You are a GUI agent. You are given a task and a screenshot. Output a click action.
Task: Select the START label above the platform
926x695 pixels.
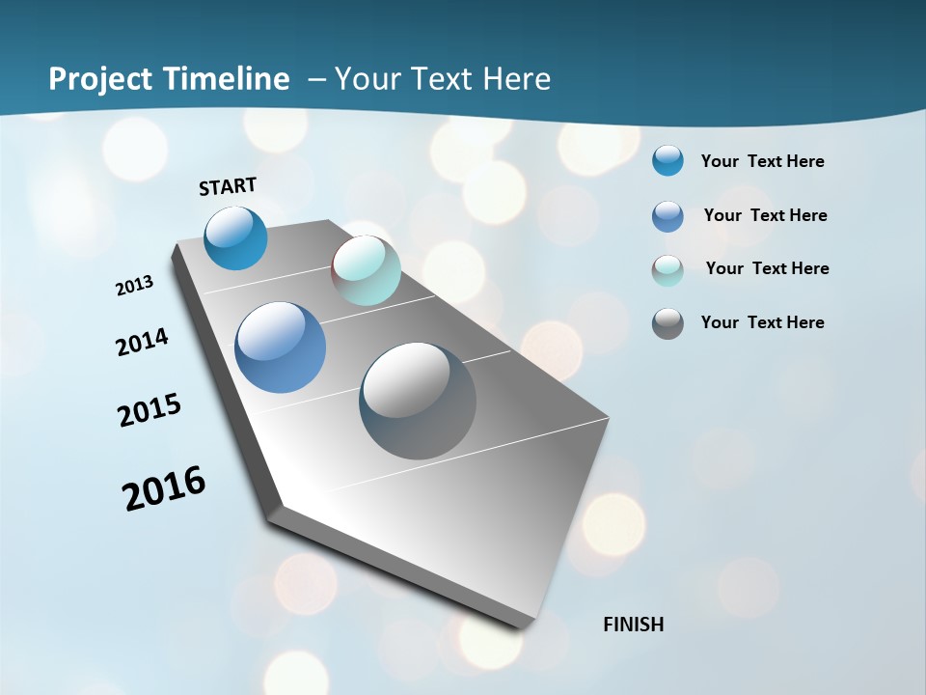pyautogui.click(x=228, y=186)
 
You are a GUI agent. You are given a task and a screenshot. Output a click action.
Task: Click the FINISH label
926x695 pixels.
pyautogui.click(x=633, y=625)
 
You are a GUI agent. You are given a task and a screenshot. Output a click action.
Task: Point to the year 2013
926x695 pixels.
pyautogui.click(x=135, y=286)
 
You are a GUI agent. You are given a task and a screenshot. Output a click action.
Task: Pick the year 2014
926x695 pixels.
pyautogui.click(x=143, y=343)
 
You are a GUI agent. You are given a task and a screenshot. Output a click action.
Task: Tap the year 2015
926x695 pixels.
pyautogui.click(x=150, y=410)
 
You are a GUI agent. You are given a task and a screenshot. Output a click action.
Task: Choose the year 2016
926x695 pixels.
pyautogui.click(x=164, y=488)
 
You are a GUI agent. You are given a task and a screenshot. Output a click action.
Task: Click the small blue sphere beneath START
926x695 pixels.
pyautogui.click(x=235, y=237)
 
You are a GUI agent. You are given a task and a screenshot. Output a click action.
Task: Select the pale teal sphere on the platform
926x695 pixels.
pyautogui.click(x=366, y=270)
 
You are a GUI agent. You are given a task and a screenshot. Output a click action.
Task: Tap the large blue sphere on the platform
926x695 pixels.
pyautogui.click(x=280, y=347)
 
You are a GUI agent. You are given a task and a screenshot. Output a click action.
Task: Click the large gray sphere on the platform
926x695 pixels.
pyautogui.click(x=418, y=401)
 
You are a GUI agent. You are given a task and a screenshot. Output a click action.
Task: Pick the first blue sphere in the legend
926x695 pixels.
pyautogui.click(x=667, y=160)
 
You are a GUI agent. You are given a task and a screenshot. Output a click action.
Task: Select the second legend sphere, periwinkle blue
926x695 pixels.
pyautogui.click(x=667, y=216)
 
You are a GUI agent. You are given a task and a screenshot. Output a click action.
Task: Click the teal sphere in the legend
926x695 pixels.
pyautogui.click(x=667, y=270)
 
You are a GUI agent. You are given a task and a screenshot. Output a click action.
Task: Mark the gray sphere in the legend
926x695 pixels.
pyautogui.click(x=667, y=323)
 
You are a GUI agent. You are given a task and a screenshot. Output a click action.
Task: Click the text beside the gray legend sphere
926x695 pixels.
pyautogui.click(x=762, y=322)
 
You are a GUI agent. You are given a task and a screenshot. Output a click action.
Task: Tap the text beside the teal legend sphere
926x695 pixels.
pyautogui.click(x=767, y=268)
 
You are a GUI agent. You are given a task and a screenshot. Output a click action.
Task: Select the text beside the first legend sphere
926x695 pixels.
pyautogui.click(x=762, y=161)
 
